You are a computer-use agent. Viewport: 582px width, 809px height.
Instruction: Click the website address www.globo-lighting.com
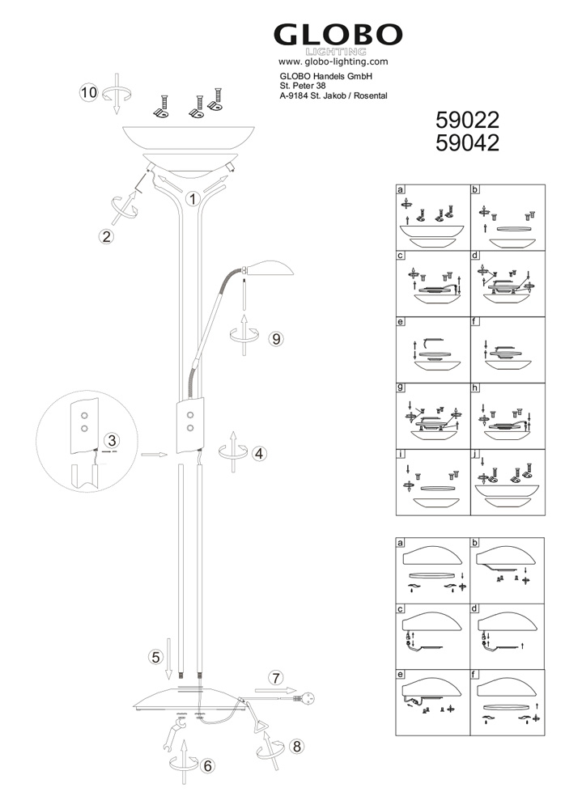333,62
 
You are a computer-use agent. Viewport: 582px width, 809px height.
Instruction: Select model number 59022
467,121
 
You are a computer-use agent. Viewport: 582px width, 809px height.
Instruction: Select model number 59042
467,143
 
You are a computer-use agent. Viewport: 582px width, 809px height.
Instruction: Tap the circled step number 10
89,92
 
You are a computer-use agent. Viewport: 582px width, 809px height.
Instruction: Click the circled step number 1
193,199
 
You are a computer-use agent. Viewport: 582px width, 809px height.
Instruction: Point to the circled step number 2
106,236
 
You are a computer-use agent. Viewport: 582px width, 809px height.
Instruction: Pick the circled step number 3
112,441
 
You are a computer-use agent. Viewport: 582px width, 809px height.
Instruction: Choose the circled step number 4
259,454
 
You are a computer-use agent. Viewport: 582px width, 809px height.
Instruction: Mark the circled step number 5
155,657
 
